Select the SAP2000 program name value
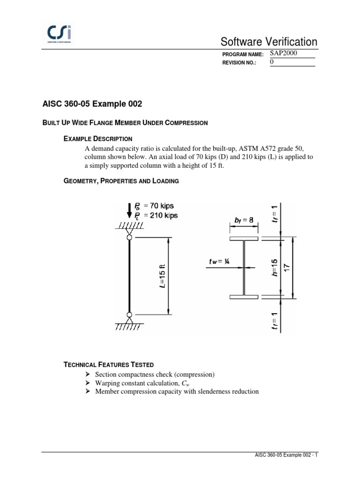(284, 53)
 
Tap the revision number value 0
(272, 62)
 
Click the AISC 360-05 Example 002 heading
(92, 104)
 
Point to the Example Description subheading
(98, 139)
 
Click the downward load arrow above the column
(129, 210)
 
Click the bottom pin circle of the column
(129, 314)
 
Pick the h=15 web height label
(275, 268)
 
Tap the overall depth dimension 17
(287, 268)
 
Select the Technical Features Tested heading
(108, 364)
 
